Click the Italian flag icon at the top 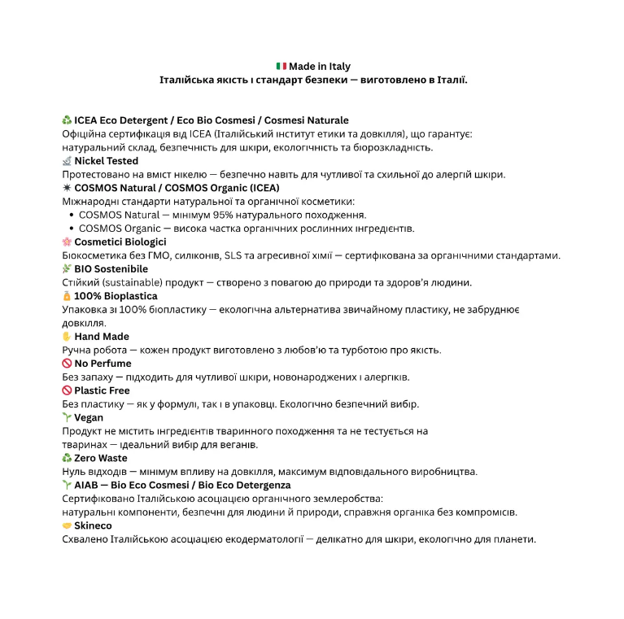point(281,67)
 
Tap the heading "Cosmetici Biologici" point(120,242)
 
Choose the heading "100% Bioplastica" point(116,296)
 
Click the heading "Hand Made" point(102,336)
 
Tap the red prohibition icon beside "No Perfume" point(67,364)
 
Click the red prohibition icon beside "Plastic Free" point(67,390)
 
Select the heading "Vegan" point(89,417)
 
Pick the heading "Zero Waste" point(101,458)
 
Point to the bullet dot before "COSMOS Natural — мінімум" point(72,215)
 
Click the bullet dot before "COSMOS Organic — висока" point(72,229)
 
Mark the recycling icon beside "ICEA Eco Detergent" point(67,120)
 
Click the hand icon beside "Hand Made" point(67,336)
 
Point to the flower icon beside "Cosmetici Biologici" point(67,242)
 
